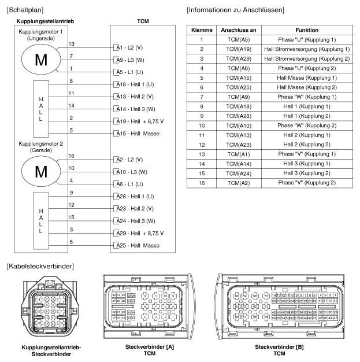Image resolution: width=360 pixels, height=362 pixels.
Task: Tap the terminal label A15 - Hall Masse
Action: coord(136,134)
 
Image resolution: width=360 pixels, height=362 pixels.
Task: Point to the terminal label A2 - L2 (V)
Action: coord(129,159)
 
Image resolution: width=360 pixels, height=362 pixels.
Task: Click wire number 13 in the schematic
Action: coord(71,44)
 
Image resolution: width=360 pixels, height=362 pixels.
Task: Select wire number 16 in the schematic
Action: coord(71,156)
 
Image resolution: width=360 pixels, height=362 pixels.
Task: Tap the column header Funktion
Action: coord(306,30)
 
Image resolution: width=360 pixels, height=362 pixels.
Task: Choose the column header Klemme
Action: coord(201,30)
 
